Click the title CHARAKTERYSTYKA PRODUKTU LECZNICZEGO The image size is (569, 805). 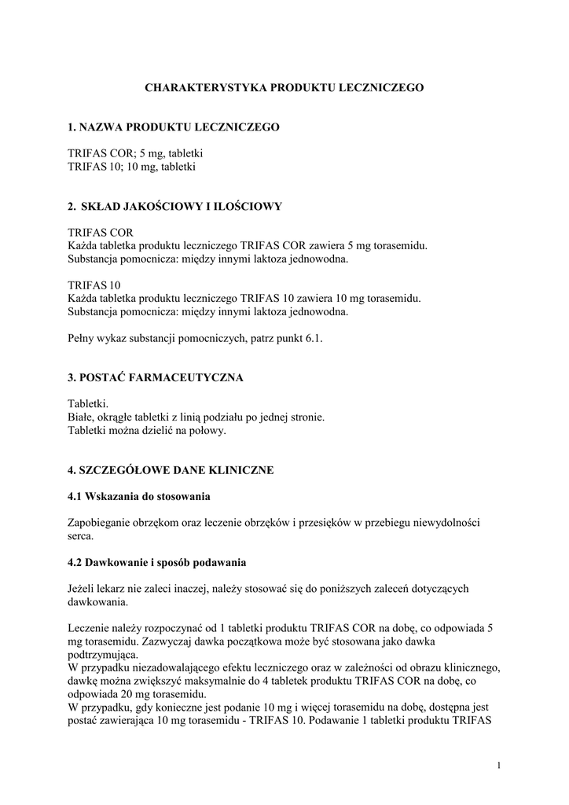click(x=284, y=89)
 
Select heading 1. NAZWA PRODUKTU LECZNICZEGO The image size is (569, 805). click(x=173, y=127)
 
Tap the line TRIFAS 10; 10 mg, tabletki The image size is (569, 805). click(x=131, y=167)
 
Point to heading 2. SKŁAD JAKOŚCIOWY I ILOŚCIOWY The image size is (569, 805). click(x=174, y=207)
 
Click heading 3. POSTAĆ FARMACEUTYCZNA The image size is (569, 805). click(x=156, y=377)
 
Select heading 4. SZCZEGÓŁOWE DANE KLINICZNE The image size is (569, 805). click(x=171, y=470)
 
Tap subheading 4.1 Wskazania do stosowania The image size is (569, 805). click(x=138, y=497)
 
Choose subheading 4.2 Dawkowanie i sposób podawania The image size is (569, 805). click(x=157, y=563)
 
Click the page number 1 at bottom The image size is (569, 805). click(x=499, y=765)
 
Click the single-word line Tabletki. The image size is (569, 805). click(x=88, y=403)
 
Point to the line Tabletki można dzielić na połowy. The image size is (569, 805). click(x=147, y=430)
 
